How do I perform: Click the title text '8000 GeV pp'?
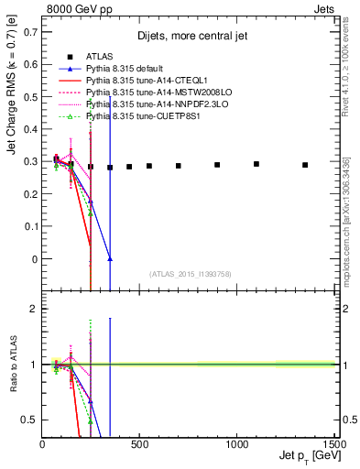(x=75, y=8)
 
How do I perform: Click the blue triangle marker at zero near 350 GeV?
(x=110, y=259)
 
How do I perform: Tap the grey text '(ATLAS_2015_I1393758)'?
(x=190, y=273)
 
